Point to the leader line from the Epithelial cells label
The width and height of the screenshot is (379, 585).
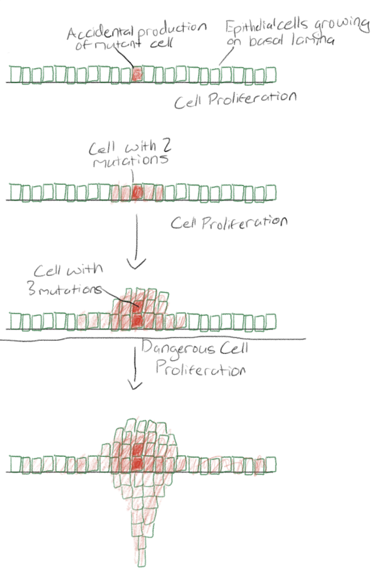226,56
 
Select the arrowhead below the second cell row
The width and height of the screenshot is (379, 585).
137,264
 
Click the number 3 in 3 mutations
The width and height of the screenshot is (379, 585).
31,289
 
